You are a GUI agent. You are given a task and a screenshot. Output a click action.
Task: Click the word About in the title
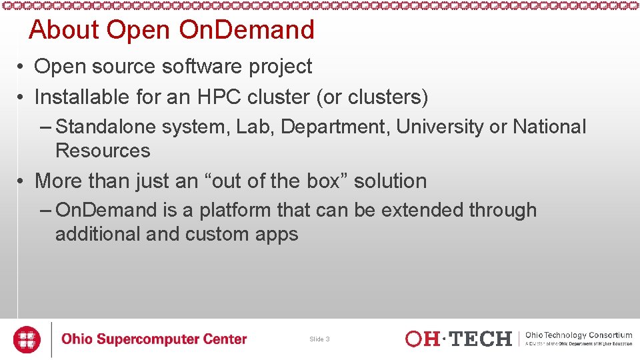point(64,30)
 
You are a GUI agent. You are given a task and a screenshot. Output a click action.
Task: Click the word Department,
point(336,127)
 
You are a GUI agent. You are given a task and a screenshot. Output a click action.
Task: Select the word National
point(549,127)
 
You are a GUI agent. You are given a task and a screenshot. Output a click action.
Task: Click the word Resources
point(103,151)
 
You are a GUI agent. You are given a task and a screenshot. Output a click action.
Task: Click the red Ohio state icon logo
point(27,339)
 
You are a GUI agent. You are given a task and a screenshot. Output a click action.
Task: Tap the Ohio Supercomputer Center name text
point(154,339)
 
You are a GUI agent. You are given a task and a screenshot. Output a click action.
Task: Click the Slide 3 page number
point(319,339)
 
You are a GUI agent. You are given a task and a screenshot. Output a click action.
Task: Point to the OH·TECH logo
point(458,339)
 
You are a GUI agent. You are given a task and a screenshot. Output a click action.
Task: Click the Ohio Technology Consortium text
point(579,335)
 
